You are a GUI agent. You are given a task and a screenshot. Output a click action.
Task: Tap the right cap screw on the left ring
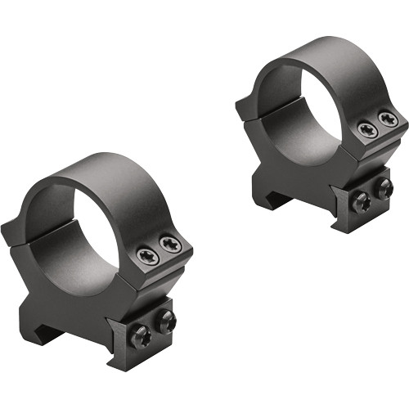[169, 243]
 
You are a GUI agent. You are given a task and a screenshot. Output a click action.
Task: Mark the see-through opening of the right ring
[303, 123]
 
